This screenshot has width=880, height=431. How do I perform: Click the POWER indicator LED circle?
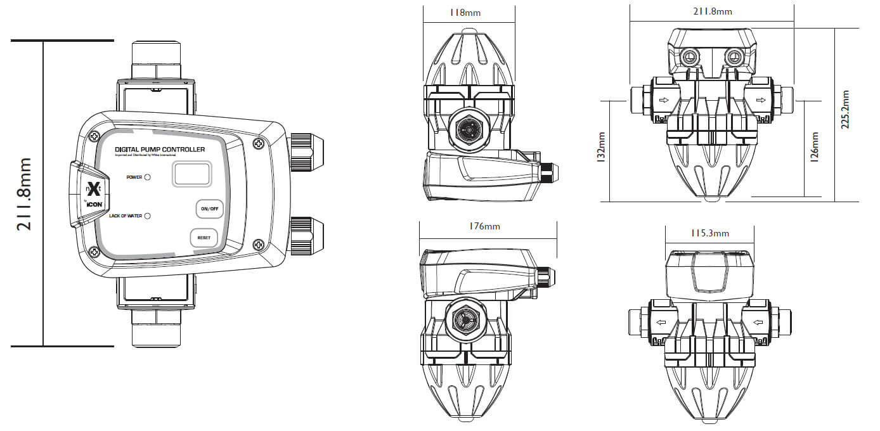pos(147,177)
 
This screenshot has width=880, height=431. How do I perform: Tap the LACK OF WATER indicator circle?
pos(147,216)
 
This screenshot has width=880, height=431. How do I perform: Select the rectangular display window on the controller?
pos(192,173)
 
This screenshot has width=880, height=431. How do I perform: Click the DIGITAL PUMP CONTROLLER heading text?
pos(160,150)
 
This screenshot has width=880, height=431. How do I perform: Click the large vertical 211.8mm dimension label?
pos(24,193)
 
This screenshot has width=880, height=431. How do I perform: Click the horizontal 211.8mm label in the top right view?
pos(712,11)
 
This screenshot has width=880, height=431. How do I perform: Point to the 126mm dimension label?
pos(815,147)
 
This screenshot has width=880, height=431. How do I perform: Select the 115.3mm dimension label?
pos(709,233)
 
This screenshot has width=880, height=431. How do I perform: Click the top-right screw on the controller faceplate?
pos(258,144)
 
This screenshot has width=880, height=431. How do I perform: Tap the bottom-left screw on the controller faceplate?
pos(94,252)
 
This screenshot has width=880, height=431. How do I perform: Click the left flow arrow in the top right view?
pos(663,101)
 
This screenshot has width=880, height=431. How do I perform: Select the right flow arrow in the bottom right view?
pos(757,323)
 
